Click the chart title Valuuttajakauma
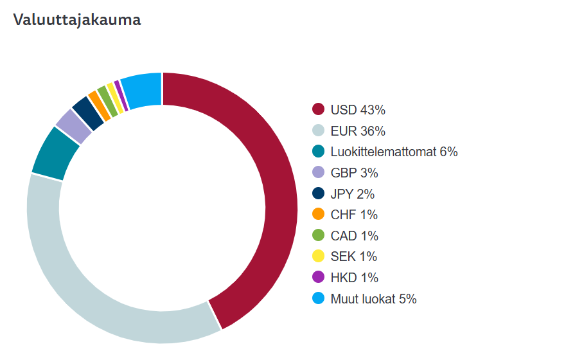[x=76, y=20]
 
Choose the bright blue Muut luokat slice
[x=141, y=89]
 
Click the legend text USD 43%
[x=358, y=110]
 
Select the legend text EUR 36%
[x=358, y=131]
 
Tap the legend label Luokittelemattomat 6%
[x=394, y=152]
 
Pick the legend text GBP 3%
[x=354, y=173]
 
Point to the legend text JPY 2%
[x=352, y=194]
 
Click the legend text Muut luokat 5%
[x=373, y=299]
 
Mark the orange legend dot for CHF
[x=318, y=215]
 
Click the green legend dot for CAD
[x=318, y=236]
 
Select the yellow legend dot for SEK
[x=318, y=256]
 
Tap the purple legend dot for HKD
[x=318, y=278]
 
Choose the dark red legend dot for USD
[x=318, y=110]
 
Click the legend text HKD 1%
[x=354, y=278]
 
